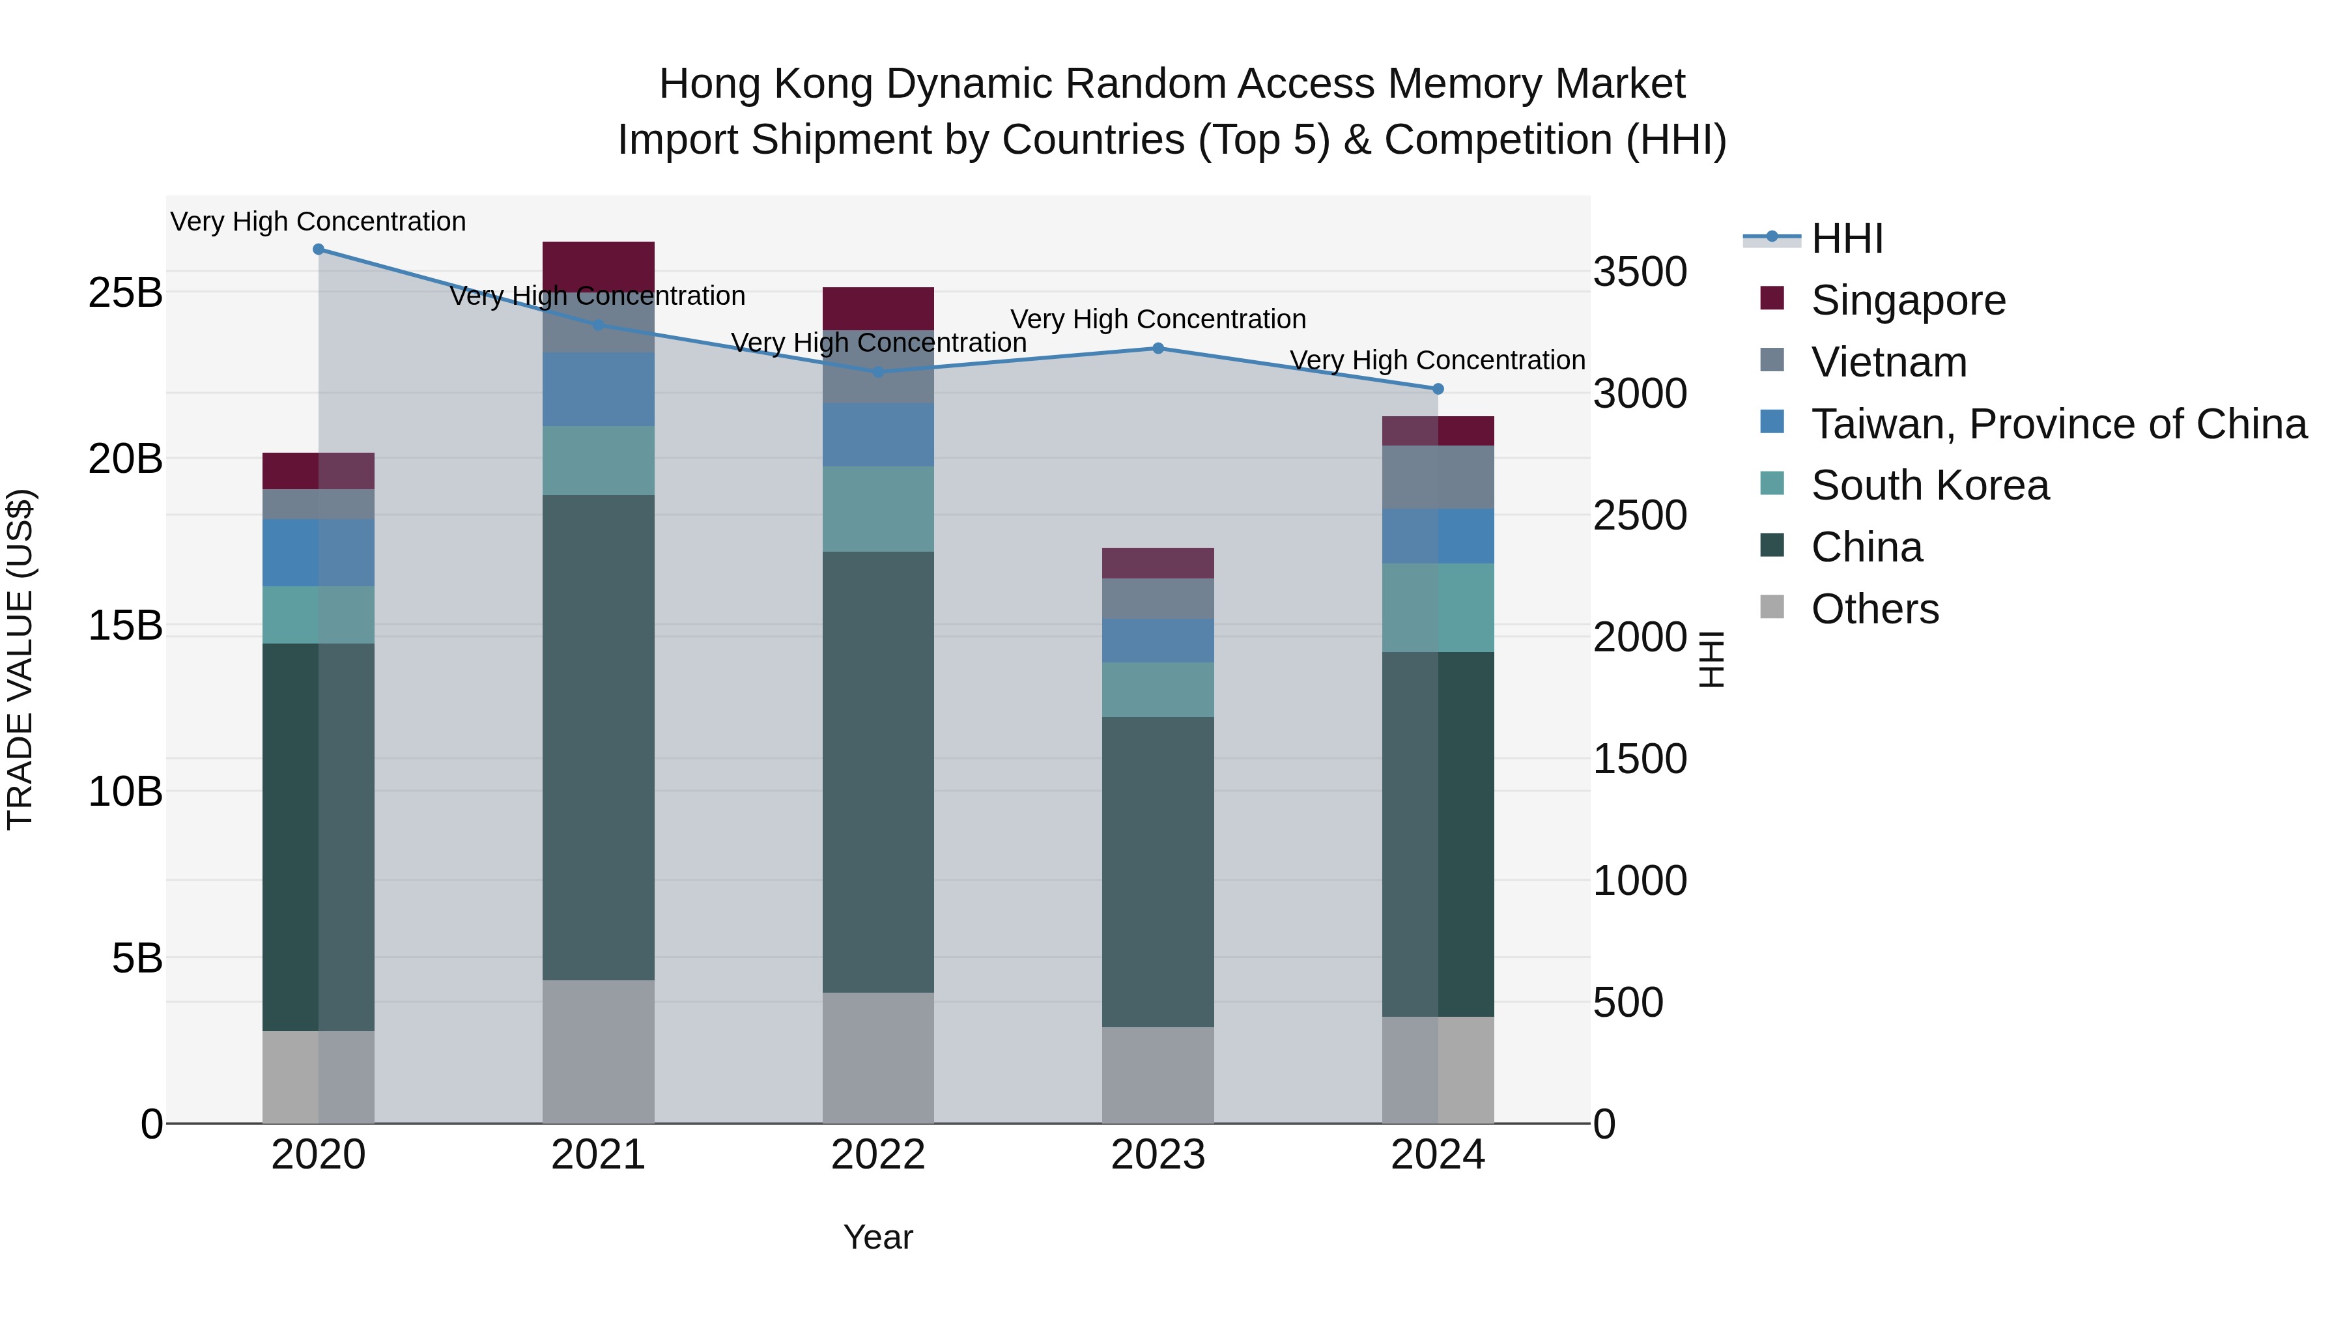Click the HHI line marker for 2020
click(319, 249)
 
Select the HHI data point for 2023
click(1158, 348)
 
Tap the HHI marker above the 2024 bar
click(1438, 390)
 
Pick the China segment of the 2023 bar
click(1158, 872)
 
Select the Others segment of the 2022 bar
click(879, 1058)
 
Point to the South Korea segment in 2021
click(598, 461)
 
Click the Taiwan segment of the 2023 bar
click(1158, 641)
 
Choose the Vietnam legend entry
click(1889, 362)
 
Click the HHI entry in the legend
click(1847, 238)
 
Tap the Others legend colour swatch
click(1772, 606)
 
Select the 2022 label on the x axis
click(879, 1155)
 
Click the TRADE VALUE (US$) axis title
click(20, 659)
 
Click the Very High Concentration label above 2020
click(318, 221)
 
